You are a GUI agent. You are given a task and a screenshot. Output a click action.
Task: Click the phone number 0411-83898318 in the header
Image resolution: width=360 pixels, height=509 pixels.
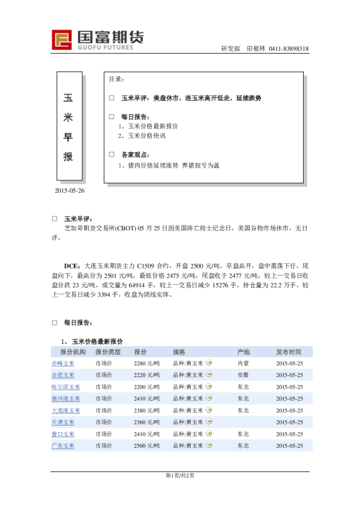[289, 49]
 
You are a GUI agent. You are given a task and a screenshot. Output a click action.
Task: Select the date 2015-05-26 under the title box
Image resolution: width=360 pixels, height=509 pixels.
[70, 190]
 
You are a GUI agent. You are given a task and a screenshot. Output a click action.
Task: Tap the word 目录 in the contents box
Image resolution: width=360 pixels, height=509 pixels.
[116, 79]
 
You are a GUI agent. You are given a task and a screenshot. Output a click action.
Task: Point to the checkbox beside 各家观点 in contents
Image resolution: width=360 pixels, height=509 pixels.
[111, 155]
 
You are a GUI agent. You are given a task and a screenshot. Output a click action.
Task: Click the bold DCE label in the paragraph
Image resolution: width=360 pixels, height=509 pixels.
[73, 265]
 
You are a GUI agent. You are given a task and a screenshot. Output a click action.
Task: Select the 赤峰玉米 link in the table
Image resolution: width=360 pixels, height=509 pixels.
[63, 363]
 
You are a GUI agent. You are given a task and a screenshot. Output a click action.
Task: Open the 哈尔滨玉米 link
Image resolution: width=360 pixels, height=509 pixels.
[65, 387]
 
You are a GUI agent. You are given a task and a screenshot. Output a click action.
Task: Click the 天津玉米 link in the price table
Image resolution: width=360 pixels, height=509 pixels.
[63, 422]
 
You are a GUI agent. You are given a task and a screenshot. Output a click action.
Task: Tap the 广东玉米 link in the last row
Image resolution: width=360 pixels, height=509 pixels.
[63, 446]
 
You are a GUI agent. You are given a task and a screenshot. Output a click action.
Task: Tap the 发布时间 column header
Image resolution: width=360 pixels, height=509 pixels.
[289, 352]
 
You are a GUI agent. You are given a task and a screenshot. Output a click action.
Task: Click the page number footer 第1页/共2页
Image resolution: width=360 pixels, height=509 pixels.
[180, 476]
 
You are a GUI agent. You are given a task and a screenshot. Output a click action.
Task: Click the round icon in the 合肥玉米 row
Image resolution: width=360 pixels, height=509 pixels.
[209, 375]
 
